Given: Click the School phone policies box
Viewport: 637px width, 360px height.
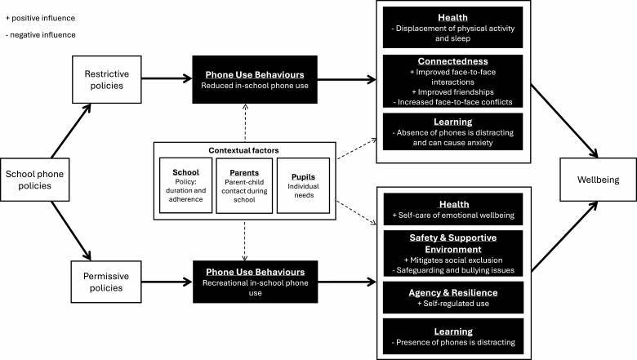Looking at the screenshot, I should coord(36,180).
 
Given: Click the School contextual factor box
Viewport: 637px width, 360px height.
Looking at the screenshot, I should coord(185,184).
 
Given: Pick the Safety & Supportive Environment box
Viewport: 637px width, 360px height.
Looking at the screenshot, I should coord(464,251).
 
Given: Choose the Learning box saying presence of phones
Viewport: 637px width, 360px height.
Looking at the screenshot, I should coord(464,336).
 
